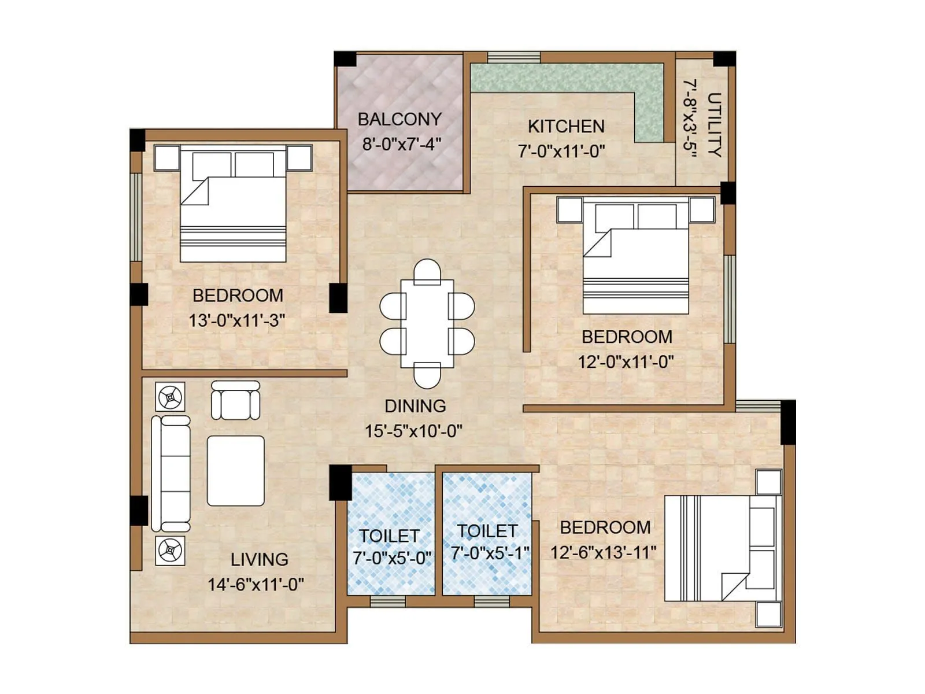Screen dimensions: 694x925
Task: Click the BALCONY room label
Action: pos(399,119)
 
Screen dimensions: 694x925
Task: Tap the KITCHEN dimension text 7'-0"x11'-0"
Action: pos(561,152)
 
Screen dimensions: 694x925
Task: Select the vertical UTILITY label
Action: pos(715,124)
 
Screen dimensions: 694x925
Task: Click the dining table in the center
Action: pos(427,324)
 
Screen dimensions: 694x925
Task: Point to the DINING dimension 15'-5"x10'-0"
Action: pos(413,431)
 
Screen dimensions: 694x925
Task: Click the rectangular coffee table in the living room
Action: pos(236,471)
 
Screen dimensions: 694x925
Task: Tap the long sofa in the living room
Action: pos(171,474)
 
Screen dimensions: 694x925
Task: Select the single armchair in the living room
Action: pos(235,400)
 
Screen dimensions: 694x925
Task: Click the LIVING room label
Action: pos(259,559)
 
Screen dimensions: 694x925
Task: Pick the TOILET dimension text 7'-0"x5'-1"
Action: pos(490,553)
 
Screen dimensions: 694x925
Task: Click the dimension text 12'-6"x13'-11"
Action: pos(603,552)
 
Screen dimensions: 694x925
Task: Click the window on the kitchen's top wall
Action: pos(513,57)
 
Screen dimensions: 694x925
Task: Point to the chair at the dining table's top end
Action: pos(427,271)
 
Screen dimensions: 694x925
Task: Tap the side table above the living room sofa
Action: pos(171,397)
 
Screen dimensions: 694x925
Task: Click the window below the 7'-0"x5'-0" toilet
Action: pos(387,601)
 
